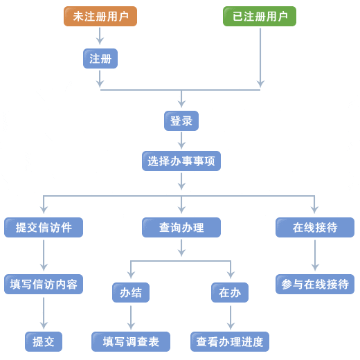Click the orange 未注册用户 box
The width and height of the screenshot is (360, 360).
[100, 17]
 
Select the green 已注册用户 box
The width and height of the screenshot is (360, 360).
[260, 17]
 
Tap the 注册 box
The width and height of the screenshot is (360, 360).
[100, 59]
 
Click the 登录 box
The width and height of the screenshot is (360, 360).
[181, 121]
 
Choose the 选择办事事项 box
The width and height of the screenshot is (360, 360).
[181, 161]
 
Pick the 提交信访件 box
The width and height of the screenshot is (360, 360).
[44, 228]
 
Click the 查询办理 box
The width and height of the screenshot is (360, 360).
[181, 228]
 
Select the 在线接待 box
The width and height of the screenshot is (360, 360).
[315, 228]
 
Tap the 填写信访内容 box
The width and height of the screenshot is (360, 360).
[44, 285]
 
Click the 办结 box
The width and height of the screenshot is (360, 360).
[131, 293]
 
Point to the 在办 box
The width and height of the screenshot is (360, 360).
[230, 293]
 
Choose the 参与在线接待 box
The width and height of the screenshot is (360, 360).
[315, 285]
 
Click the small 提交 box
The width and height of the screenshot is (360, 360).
[44, 342]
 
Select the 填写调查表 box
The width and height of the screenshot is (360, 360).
[131, 342]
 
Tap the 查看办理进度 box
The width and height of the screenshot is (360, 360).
[230, 342]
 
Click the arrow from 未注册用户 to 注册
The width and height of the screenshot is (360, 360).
[100, 36]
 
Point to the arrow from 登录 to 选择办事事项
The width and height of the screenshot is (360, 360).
[181, 141]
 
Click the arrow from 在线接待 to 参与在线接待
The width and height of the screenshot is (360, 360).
[315, 255]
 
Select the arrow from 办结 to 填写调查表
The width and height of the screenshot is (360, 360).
[131, 318]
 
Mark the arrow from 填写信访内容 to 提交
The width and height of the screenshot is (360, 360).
[44, 313]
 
